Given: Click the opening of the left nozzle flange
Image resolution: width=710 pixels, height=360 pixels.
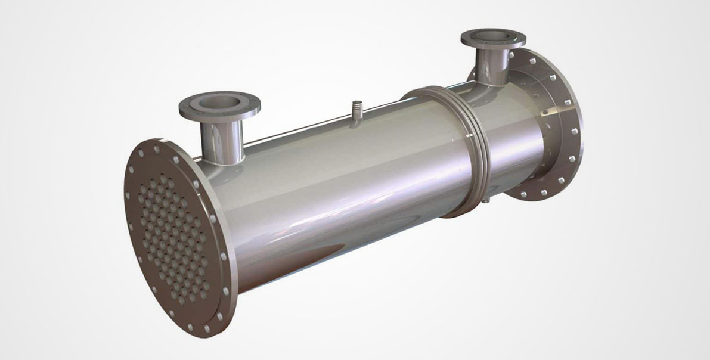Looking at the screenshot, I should pyautogui.click(x=220, y=102).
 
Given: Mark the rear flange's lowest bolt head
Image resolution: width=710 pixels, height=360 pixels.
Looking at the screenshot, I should pyautogui.click(x=524, y=194).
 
